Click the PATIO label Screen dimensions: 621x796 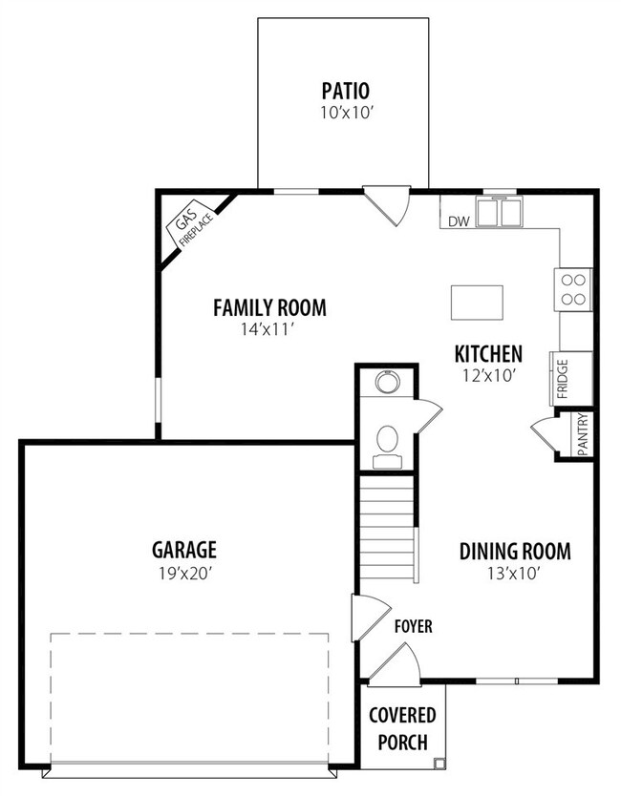346,91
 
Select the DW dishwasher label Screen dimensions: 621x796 459,221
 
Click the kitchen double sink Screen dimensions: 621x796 499,212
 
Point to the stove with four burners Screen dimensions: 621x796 573,289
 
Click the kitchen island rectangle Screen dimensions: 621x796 477,303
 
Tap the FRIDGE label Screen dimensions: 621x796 563,379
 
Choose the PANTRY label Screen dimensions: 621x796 583,434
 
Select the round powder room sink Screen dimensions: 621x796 388,383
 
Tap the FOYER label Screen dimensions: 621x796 414,626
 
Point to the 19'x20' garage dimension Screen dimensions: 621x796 184,574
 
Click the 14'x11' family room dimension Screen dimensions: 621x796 268,330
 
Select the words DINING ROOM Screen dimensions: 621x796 515,552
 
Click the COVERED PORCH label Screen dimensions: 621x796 402,729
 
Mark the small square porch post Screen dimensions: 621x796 439,763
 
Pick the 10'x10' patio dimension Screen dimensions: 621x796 347,113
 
